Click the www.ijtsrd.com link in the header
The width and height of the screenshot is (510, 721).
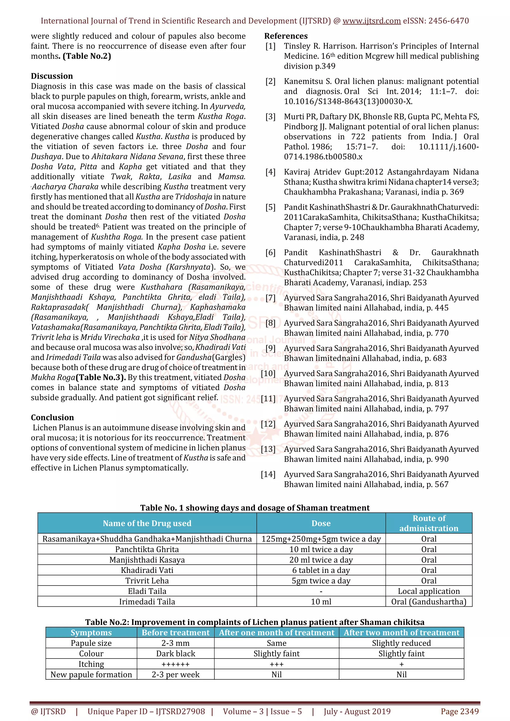(x=372, y=21)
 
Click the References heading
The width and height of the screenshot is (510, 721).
(x=286, y=36)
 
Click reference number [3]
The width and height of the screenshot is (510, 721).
(x=270, y=117)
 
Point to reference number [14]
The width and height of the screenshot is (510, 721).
(x=268, y=474)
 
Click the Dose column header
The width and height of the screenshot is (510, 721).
(x=321, y=523)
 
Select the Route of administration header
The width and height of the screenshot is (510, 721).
(x=429, y=523)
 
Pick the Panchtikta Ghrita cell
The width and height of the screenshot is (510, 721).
(x=147, y=549)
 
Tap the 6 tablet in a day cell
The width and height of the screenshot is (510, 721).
(x=321, y=570)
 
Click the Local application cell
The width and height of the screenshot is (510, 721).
(x=429, y=591)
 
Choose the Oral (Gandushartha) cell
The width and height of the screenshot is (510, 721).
(x=429, y=602)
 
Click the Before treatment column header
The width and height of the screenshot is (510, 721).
(x=176, y=632)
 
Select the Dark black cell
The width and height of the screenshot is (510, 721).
(x=176, y=654)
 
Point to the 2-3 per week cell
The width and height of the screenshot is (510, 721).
(x=176, y=674)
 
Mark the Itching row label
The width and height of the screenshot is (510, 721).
(x=91, y=664)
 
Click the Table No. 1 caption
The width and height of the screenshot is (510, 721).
(x=255, y=508)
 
